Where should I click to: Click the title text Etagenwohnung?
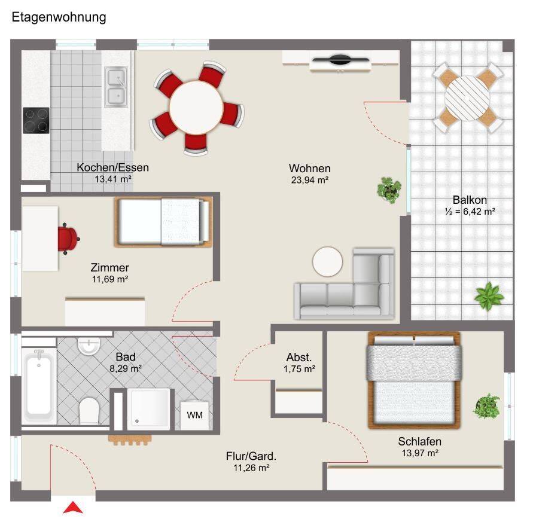[59, 17]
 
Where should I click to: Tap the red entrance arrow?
[73, 508]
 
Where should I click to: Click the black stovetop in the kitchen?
[36, 120]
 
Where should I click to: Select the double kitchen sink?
[116, 87]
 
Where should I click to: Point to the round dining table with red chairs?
[196, 108]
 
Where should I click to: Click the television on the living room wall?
[340, 60]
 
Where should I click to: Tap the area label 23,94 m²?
[310, 180]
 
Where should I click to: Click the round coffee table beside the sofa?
[328, 262]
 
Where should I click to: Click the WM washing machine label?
[195, 415]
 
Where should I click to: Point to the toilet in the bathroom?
[89, 411]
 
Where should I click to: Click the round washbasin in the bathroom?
[89, 346]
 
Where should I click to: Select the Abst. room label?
[299, 357]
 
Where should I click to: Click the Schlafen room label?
[420, 441]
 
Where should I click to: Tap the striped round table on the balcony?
[467, 98]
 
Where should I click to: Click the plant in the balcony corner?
[489, 295]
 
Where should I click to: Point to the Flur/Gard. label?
[251, 456]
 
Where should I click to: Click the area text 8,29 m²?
[126, 368]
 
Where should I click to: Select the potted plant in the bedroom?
[487, 406]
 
